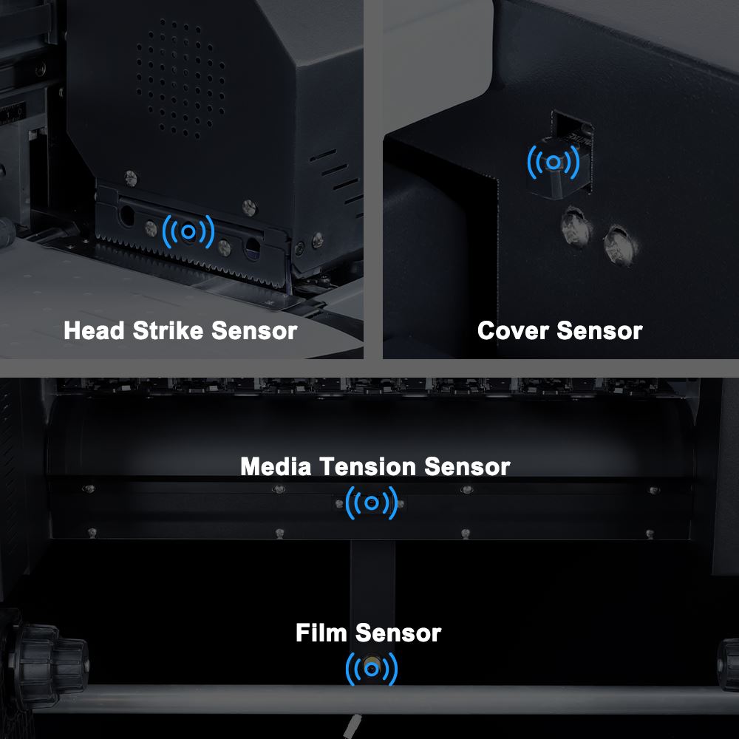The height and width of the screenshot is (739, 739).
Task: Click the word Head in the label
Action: pyautogui.click(x=95, y=330)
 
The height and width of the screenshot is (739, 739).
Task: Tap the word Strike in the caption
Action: pyautogui.click(x=168, y=330)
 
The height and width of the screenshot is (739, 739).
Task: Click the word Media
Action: pyautogui.click(x=276, y=466)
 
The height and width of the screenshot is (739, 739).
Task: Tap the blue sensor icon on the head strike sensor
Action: pyautogui.click(x=188, y=231)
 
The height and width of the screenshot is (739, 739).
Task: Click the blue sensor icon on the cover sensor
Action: pyautogui.click(x=554, y=162)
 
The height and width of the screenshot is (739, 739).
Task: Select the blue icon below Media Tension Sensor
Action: pyautogui.click(x=372, y=503)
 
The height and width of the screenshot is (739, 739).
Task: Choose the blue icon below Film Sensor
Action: pyautogui.click(x=372, y=669)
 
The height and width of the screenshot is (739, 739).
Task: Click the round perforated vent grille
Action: pyautogui.click(x=180, y=78)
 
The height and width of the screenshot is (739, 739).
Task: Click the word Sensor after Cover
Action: pyautogui.click(x=599, y=330)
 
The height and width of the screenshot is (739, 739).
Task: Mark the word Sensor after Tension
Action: pyautogui.click(x=467, y=466)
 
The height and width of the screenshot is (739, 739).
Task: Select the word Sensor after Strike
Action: pyautogui.click(x=254, y=330)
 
